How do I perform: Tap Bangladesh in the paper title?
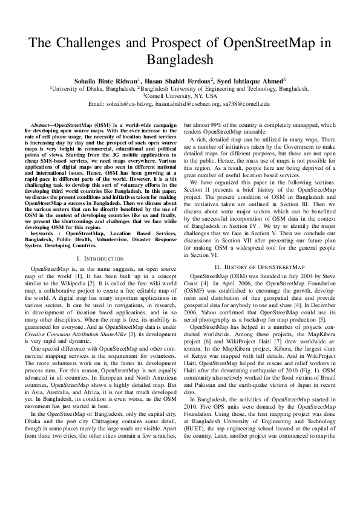(180, 60)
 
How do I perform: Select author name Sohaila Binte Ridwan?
(106, 80)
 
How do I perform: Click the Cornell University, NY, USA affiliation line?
(180, 96)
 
